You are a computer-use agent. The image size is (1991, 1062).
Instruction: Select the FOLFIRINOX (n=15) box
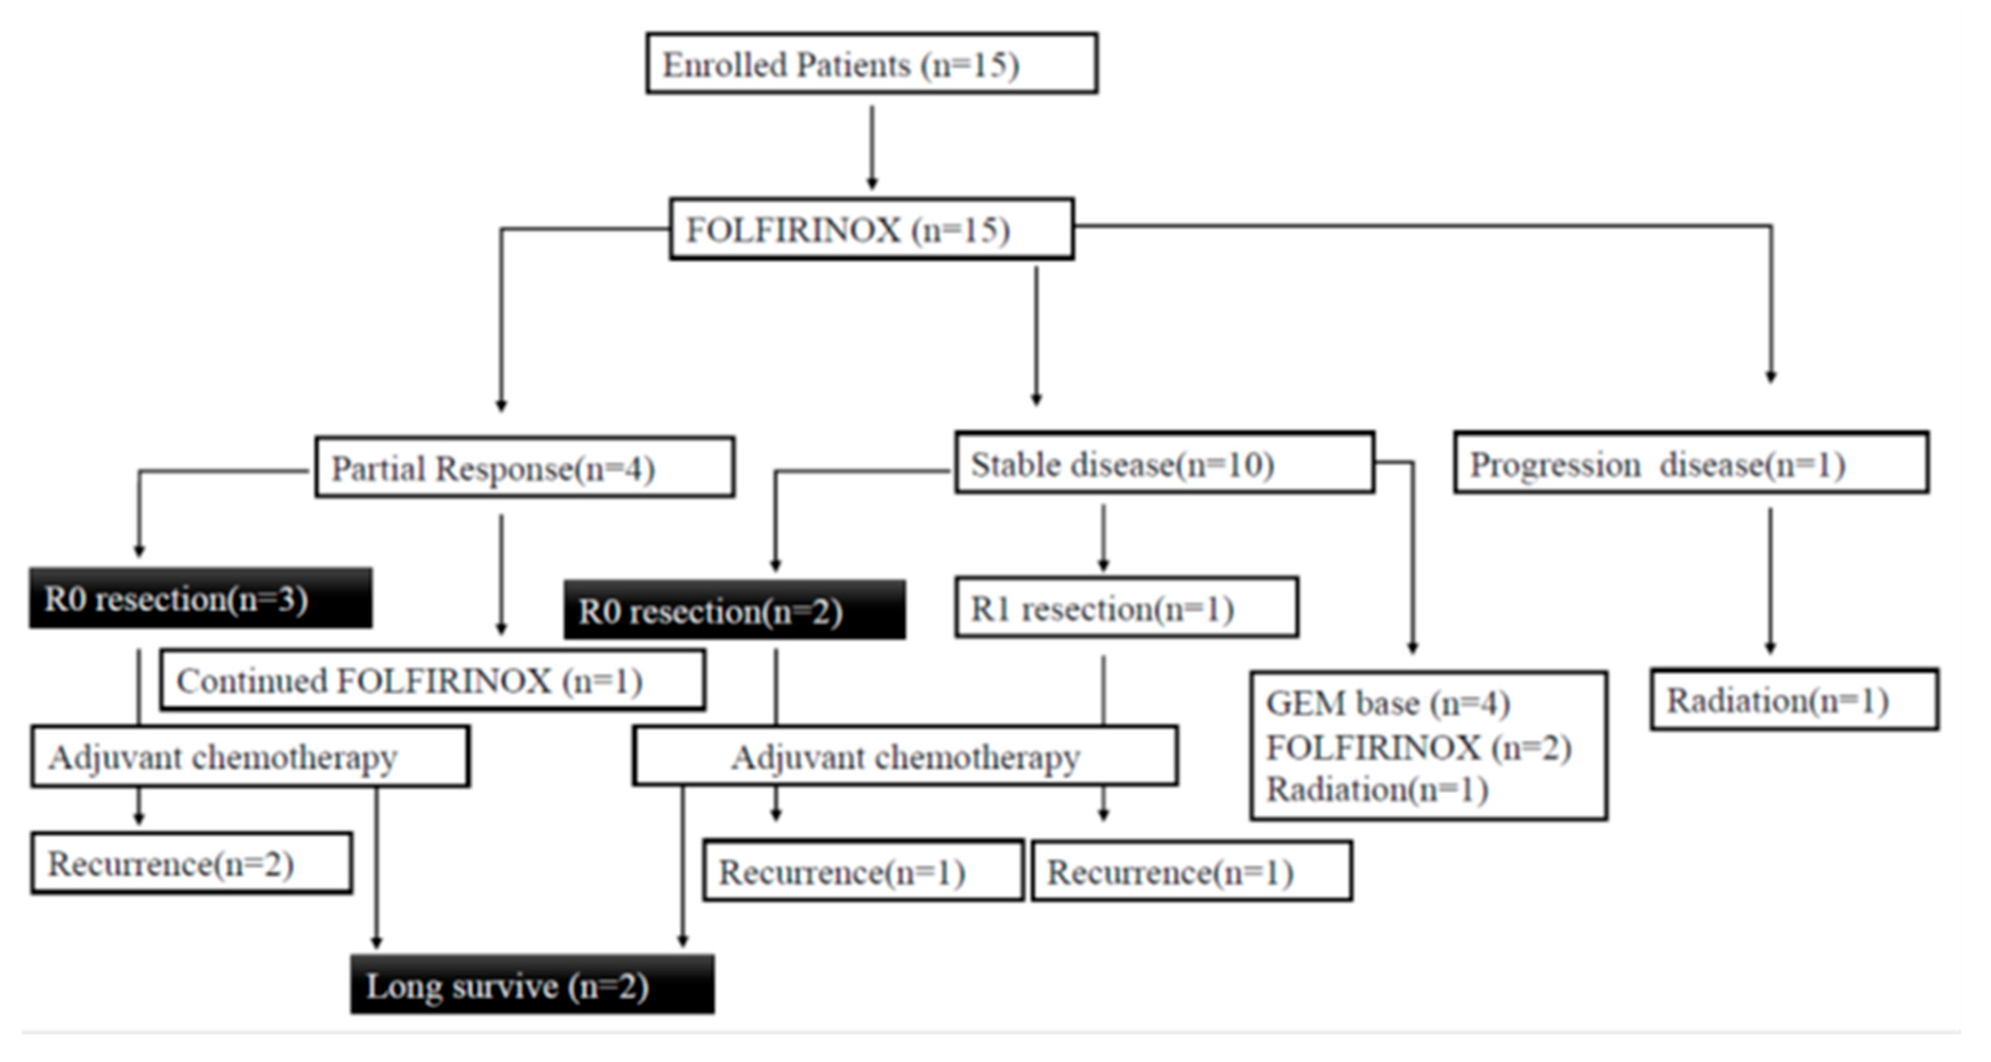871,230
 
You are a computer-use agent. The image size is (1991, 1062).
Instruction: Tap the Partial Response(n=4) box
524,468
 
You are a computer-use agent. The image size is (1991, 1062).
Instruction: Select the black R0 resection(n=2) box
734,611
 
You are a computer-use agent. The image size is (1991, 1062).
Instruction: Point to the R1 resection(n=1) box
1126,608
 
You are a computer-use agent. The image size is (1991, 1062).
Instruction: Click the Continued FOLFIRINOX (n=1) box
432,681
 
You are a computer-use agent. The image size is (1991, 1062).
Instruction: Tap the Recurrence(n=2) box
192,864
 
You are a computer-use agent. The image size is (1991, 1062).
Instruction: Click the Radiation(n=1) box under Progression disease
1794,700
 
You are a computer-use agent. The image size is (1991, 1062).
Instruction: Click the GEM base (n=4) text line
1387,703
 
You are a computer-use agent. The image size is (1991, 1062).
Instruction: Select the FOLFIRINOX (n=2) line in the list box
1418,748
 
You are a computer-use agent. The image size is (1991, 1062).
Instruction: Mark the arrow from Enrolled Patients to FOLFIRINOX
872,147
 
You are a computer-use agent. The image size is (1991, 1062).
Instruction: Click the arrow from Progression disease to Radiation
1770,580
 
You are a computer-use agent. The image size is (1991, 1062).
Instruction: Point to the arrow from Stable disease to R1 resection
1103,538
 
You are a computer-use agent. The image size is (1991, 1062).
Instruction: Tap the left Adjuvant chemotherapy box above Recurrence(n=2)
250,757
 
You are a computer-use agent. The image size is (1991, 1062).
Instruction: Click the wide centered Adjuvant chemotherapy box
905,757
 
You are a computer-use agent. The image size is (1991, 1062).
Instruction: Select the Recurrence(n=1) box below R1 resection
1191,872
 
